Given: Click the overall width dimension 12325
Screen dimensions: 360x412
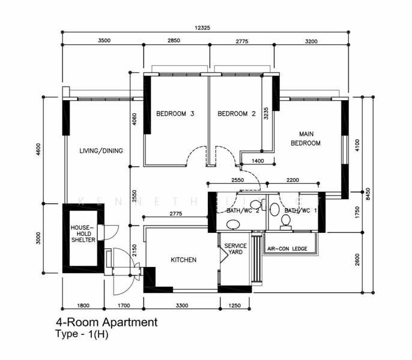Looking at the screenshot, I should [206, 28].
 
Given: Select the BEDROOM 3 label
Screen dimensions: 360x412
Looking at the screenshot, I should [175, 113].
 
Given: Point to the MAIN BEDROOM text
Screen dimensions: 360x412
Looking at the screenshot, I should [305, 139].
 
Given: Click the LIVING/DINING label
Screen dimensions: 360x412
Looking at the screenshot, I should [101, 151].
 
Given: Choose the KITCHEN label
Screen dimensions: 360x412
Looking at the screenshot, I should [183, 260].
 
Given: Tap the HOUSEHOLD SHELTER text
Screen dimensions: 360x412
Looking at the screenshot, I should [82, 234].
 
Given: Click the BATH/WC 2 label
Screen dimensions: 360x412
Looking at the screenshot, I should [243, 211].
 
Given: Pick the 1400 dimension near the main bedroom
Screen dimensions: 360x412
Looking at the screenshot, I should [258, 161].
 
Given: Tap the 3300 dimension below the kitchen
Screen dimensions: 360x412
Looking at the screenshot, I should [180, 305].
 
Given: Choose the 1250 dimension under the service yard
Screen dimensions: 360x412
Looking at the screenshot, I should [235, 305].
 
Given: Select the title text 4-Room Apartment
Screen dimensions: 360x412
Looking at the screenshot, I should [106, 322].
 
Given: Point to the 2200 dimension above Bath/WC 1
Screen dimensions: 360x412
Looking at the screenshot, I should [292, 179].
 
